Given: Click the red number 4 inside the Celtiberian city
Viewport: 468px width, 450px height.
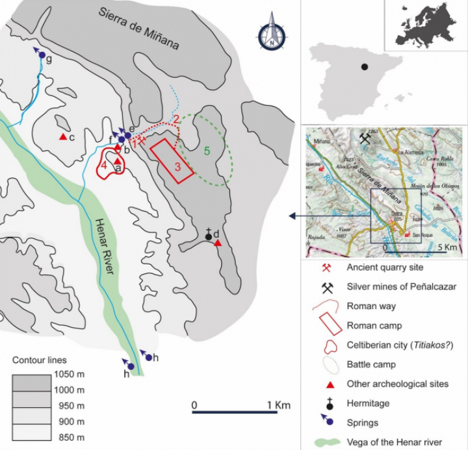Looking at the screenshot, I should pyautogui.click(x=104, y=165).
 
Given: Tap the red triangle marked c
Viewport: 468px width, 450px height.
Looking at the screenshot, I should pyautogui.click(x=63, y=137).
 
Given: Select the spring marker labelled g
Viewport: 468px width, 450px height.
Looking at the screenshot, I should pyautogui.click(x=41, y=56).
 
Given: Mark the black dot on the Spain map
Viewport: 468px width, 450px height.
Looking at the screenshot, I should pyautogui.click(x=365, y=67).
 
